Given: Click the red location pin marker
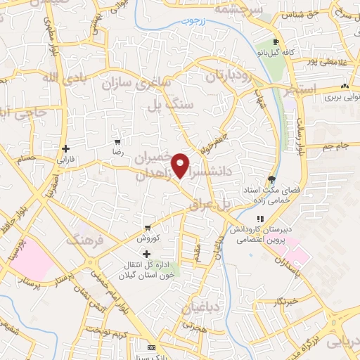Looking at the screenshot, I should click(x=181, y=165).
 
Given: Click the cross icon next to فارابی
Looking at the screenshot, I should click(x=65, y=148).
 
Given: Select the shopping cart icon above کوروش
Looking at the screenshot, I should click(x=148, y=227).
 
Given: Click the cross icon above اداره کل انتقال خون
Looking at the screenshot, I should click(x=146, y=254).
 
